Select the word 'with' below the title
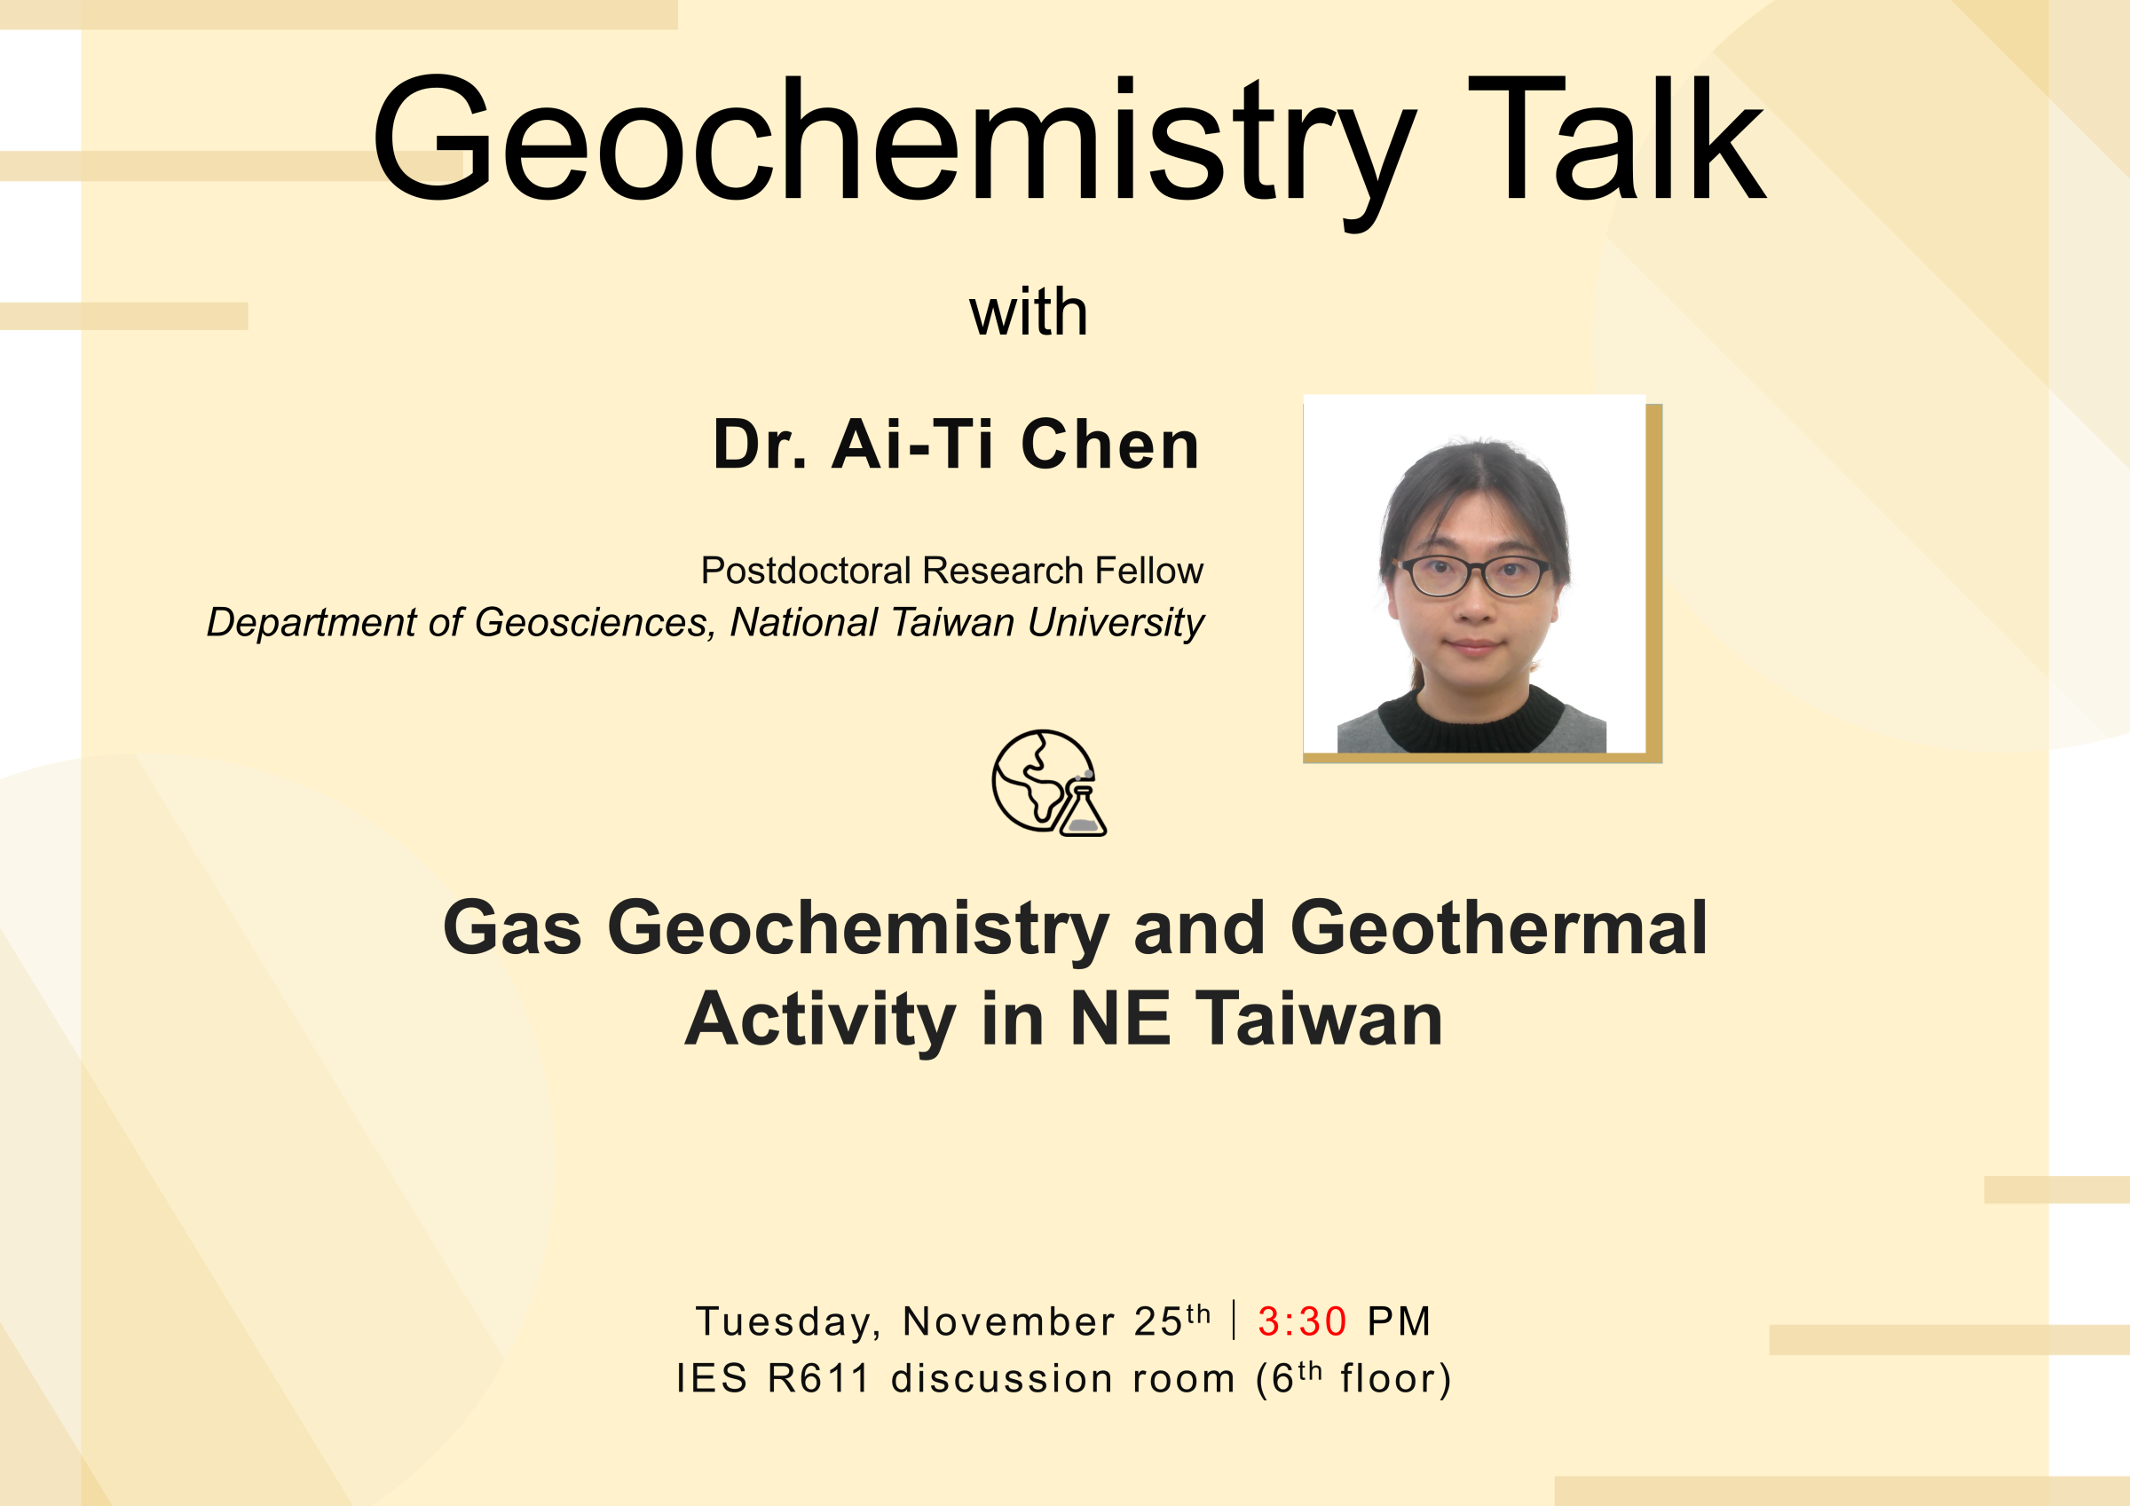[1028, 312]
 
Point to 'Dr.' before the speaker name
[760, 445]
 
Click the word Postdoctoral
[805, 571]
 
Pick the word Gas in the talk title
[512, 928]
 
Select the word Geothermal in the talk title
[1498, 928]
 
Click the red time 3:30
[1302, 1321]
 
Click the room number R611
[819, 1379]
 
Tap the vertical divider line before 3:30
[1234, 1320]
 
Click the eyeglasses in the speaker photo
[1474, 575]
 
